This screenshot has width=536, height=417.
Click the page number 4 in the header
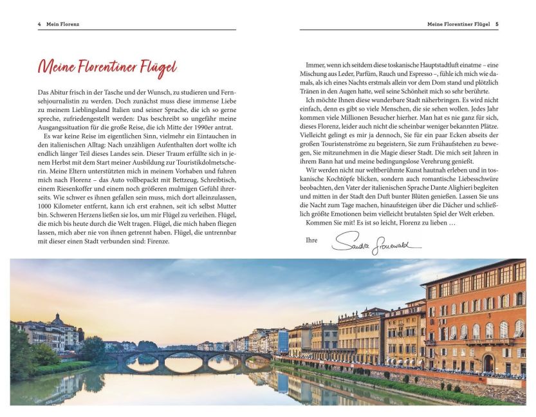[x=39, y=24]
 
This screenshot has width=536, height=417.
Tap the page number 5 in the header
[x=496, y=24]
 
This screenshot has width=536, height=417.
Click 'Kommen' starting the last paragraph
[x=318, y=222]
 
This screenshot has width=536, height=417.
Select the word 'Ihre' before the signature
[x=312, y=239]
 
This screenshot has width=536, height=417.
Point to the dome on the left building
[x=58, y=319]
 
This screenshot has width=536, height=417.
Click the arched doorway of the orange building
[x=488, y=362]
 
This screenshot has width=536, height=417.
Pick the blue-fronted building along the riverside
[x=283, y=341]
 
